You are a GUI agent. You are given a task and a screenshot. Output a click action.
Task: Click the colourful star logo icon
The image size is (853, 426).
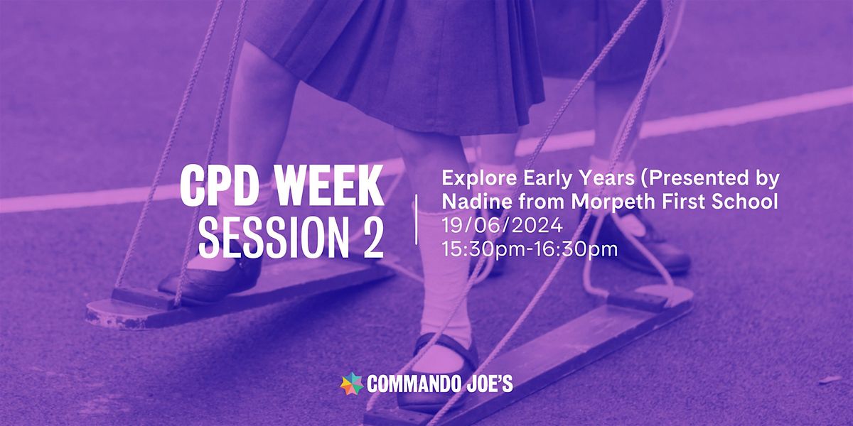[352, 385]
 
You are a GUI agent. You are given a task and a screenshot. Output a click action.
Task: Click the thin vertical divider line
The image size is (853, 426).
[416, 221]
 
